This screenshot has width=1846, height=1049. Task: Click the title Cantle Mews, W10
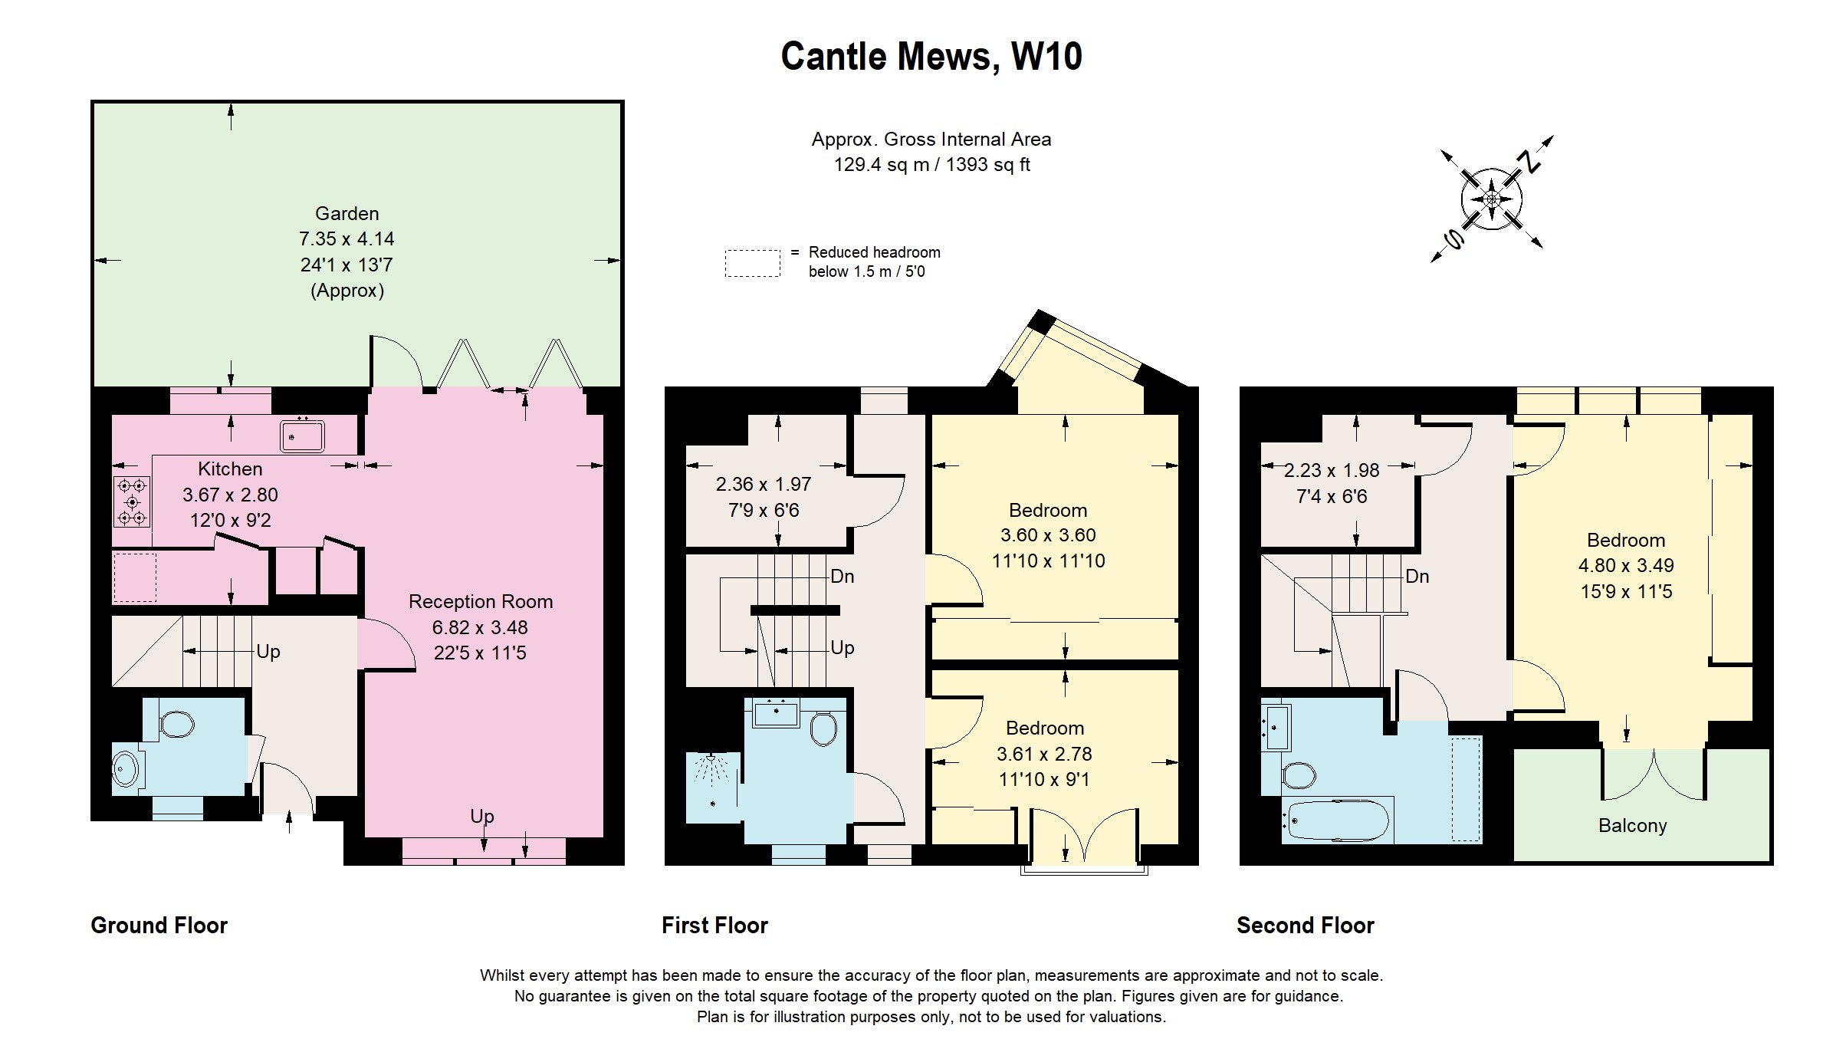click(931, 57)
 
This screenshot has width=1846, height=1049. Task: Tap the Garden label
click(347, 213)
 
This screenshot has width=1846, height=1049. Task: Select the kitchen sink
click(302, 436)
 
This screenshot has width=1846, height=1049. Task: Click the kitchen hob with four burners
click(132, 501)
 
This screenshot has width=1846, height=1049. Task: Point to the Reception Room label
click(481, 601)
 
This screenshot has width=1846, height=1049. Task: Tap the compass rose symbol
click(1491, 199)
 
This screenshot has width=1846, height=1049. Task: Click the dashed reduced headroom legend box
click(753, 263)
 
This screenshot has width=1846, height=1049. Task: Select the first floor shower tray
click(713, 787)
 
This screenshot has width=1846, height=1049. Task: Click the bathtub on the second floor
click(1338, 820)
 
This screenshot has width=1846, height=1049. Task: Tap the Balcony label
click(1632, 825)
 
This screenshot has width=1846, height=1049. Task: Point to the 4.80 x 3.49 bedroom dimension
click(1626, 565)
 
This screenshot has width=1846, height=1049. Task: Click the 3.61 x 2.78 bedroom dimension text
click(1044, 754)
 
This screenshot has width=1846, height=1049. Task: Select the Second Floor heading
click(1306, 926)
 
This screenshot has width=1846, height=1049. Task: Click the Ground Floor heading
click(159, 926)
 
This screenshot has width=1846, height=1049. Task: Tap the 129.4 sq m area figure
click(882, 165)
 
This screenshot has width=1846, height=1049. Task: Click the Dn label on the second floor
click(1417, 576)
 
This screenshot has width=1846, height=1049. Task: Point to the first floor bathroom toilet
click(823, 729)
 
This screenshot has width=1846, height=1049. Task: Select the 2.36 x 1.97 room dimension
click(764, 484)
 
